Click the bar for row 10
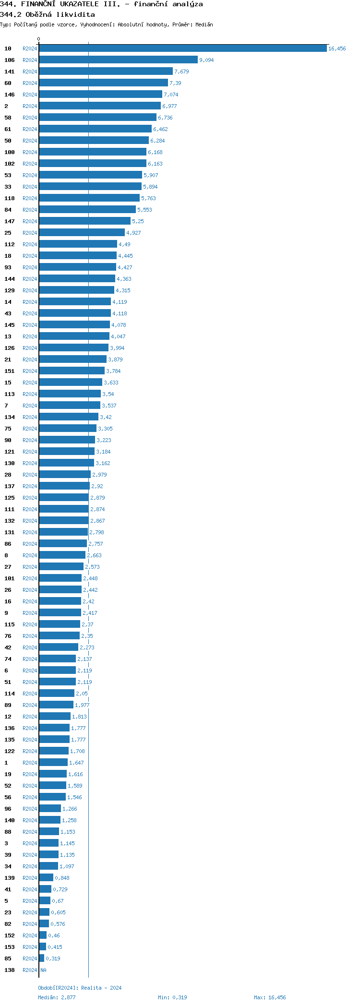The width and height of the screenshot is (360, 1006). pyautogui.click(x=182, y=48)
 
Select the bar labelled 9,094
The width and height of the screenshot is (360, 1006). pyautogui.click(x=118, y=60)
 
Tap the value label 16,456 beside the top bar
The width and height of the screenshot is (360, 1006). pyautogui.click(x=336, y=48)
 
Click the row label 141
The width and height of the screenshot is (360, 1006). pyautogui.click(x=10, y=72)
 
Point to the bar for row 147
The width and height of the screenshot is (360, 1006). pyautogui.click(x=84, y=221)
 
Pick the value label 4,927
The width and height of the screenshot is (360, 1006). pyautogui.click(x=133, y=233)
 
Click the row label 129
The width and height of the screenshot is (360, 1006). pyautogui.click(x=10, y=290)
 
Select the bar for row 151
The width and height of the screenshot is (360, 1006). pyautogui.click(x=72, y=371)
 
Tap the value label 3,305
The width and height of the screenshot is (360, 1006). pyautogui.click(x=105, y=429)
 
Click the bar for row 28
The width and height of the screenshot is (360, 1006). pyautogui.click(x=65, y=475)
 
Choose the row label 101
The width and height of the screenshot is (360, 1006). pyautogui.click(x=10, y=578)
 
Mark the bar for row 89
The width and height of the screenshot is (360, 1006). pyautogui.click(x=56, y=705)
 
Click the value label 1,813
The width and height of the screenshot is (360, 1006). pyautogui.click(x=79, y=717)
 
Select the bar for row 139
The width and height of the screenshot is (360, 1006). pyautogui.click(x=46, y=878)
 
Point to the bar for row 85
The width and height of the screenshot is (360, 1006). pyautogui.click(x=42, y=958)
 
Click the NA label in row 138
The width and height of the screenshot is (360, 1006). pyautogui.click(x=43, y=970)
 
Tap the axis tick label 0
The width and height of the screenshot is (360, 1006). pyautogui.click(x=39, y=39)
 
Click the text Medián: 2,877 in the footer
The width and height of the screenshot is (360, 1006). pyautogui.click(x=57, y=997)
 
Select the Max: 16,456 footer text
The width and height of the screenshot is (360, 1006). pyautogui.click(x=269, y=997)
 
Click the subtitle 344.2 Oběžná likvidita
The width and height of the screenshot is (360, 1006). pyautogui.click(x=48, y=14)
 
